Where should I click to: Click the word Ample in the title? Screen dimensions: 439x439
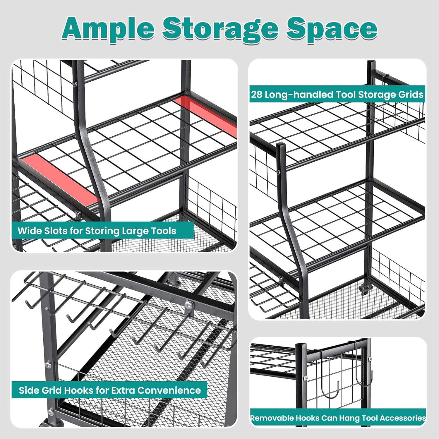(108, 29)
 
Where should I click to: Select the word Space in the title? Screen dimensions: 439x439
(332, 29)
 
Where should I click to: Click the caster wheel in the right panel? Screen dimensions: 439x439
(363, 289)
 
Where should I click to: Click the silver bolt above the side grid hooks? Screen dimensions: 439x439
(188, 305)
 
